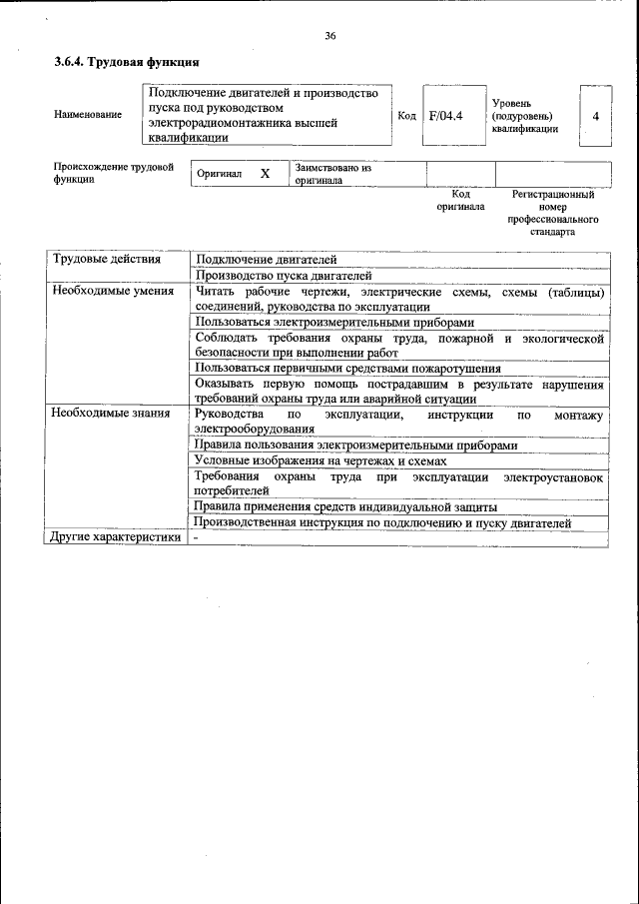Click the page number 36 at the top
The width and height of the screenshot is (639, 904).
(329, 36)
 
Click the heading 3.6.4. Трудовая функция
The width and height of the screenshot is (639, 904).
(120, 63)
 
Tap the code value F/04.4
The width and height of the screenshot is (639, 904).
(445, 116)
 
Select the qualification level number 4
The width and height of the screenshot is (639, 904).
(595, 116)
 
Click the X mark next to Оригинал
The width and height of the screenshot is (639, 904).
(265, 174)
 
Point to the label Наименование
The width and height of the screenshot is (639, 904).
(88, 115)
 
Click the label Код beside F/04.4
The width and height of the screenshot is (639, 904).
(406, 116)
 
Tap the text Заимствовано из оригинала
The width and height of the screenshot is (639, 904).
(332, 174)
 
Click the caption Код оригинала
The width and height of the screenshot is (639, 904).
(460, 200)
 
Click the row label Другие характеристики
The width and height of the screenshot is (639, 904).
(115, 538)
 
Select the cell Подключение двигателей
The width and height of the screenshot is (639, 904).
(267, 260)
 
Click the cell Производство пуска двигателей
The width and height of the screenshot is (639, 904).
(284, 275)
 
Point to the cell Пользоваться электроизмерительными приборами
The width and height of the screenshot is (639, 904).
(334, 323)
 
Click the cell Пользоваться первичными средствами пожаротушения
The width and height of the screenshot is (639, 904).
(347, 369)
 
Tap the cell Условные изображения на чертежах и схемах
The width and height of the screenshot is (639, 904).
(320, 460)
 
